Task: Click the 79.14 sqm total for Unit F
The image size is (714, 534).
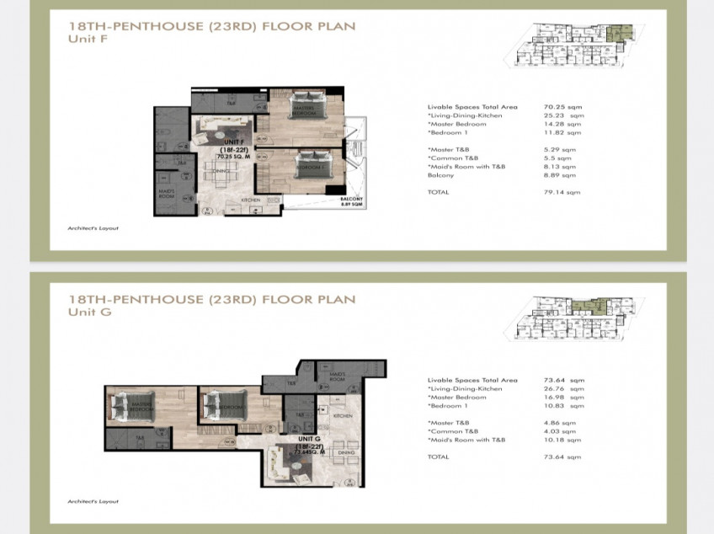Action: pyautogui.click(x=562, y=192)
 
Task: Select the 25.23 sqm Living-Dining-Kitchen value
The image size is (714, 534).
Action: pyautogui.click(x=562, y=115)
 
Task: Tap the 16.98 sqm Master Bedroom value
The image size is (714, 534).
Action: pyautogui.click(x=562, y=398)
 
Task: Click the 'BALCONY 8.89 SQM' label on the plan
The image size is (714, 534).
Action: pyautogui.click(x=351, y=202)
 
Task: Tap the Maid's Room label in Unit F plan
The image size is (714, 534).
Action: pyautogui.click(x=166, y=193)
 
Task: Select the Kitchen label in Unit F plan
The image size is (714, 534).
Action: pyautogui.click(x=251, y=200)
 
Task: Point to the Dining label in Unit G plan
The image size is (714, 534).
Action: pyautogui.click(x=346, y=452)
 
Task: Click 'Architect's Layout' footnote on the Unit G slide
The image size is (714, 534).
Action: pyautogui.click(x=93, y=501)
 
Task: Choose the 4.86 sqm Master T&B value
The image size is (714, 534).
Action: pyautogui.click(x=562, y=423)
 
